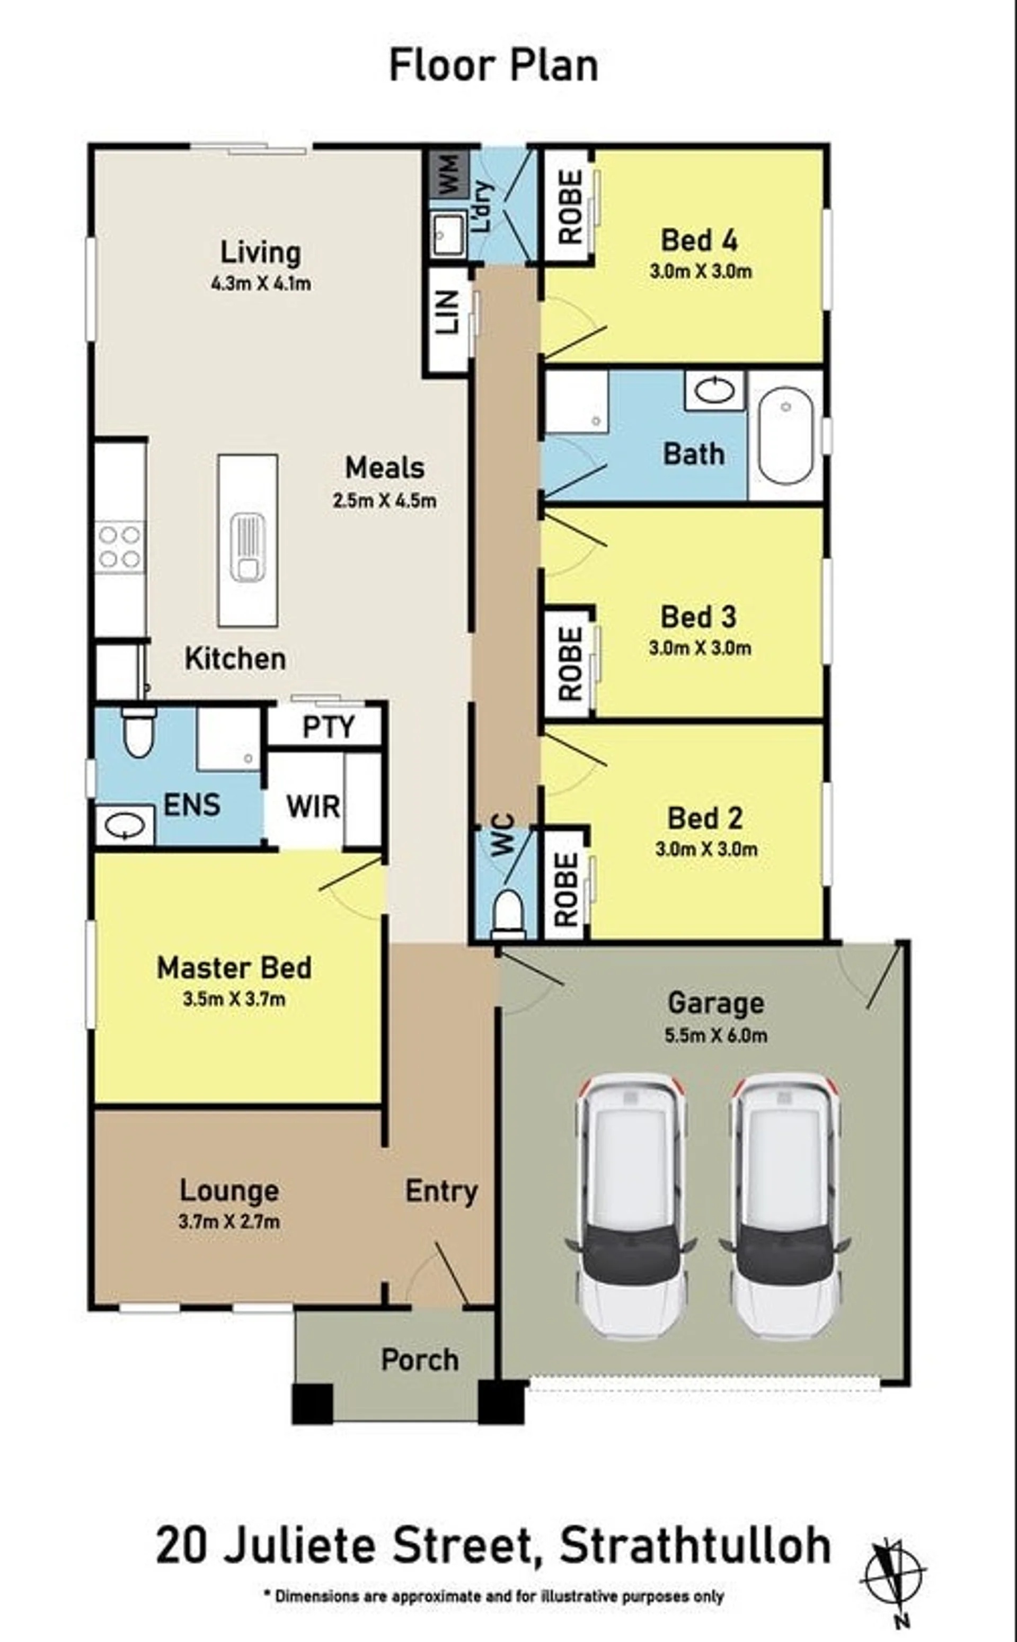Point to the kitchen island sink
coord(247,547)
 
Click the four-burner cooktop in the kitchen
coord(120,547)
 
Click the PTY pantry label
coord(328,727)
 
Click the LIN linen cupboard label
coord(447,313)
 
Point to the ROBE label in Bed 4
coord(570,207)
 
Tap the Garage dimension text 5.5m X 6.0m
coord(715,1036)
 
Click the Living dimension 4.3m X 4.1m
coord(261,283)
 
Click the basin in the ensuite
coord(125,826)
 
